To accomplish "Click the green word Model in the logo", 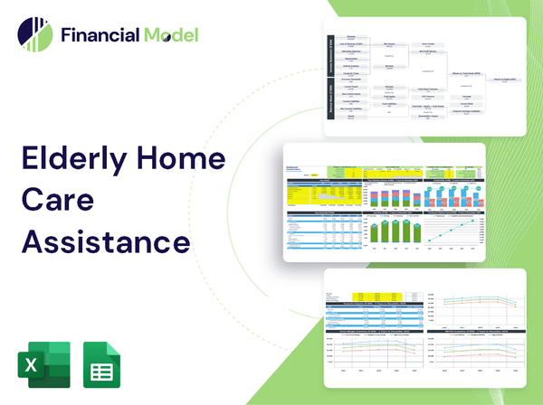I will [169, 35].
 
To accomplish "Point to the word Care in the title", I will [56, 202].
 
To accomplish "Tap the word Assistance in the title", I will [106, 242].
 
